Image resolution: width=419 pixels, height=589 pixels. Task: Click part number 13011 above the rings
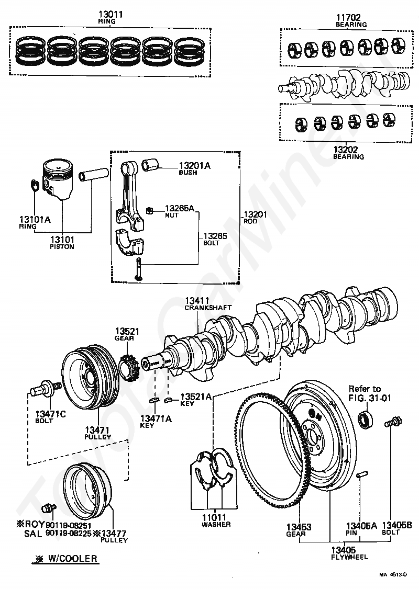[111, 14]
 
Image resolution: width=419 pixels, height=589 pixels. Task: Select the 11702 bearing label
[348, 17]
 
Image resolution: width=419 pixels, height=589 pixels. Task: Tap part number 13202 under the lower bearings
[346, 150]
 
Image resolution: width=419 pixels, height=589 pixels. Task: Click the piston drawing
[58, 179]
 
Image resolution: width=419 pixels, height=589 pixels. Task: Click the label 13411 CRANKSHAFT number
[197, 300]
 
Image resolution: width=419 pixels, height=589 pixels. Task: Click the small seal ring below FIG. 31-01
[365, 420]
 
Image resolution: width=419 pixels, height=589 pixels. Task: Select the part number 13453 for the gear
[299, 527]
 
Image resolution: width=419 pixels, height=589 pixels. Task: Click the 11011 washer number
[214, 517]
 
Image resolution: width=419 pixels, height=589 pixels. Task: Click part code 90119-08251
[69, 525]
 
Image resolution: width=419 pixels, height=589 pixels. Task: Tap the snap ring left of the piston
[35, 185]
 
